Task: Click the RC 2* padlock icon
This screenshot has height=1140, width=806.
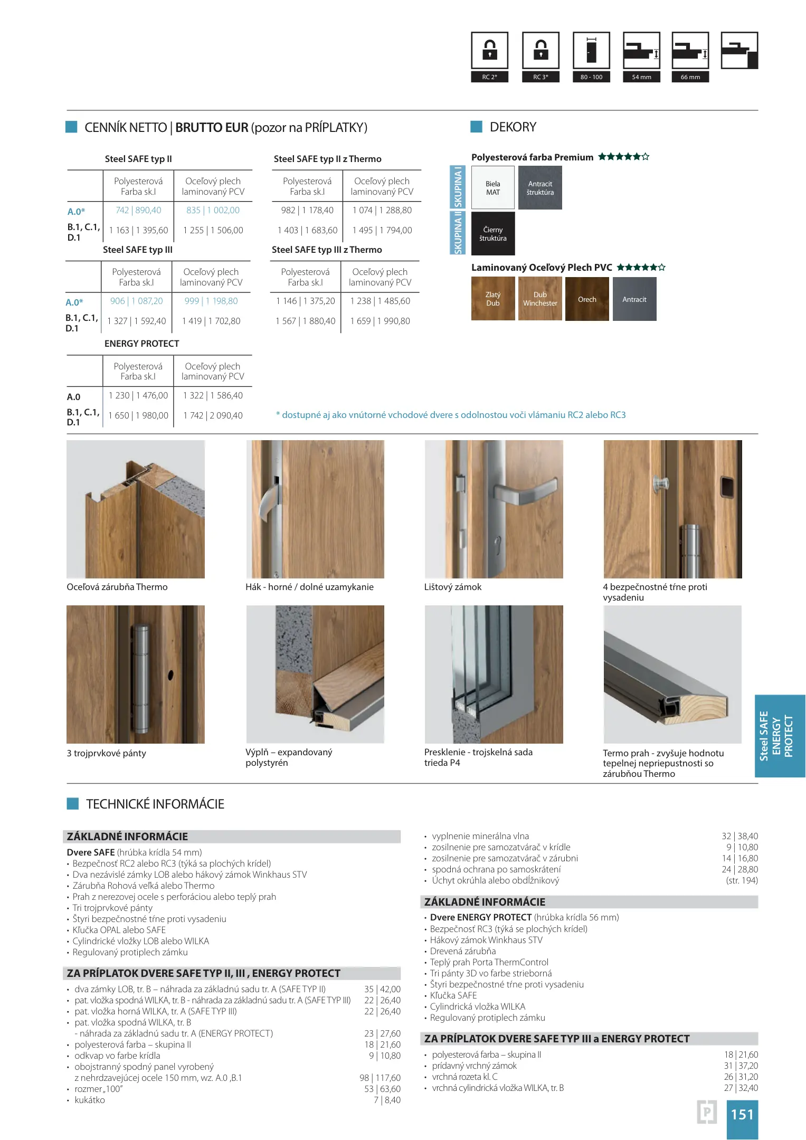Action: (489, 50)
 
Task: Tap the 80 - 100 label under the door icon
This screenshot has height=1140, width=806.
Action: (591, 77)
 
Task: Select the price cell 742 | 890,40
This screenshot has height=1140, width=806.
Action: (138, 210)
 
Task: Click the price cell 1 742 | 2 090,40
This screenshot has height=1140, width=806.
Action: (213, 415)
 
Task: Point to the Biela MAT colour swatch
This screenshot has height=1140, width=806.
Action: (492, 188)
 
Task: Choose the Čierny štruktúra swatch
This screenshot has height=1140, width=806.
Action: (492, 234)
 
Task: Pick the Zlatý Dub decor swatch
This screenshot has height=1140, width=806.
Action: (492, 299)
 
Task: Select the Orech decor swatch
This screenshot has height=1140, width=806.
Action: (586, 299)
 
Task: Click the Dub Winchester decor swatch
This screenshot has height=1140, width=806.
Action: (539, 299)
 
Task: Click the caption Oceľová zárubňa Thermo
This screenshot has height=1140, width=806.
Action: (117, 587)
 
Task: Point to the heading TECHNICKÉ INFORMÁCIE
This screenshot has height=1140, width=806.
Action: (155, 804)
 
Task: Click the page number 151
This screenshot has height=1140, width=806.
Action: (742, 1114)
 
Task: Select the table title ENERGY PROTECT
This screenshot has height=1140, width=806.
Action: (141, 344)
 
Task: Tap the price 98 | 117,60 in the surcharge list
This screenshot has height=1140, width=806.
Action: (380, 1078)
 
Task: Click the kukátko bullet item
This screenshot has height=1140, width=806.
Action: (89, 1100)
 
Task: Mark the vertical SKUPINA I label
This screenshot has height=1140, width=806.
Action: (457, 187)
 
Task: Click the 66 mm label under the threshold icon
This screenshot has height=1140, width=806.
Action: (690, 77)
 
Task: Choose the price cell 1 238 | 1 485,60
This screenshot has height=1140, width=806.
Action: (380, 301)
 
